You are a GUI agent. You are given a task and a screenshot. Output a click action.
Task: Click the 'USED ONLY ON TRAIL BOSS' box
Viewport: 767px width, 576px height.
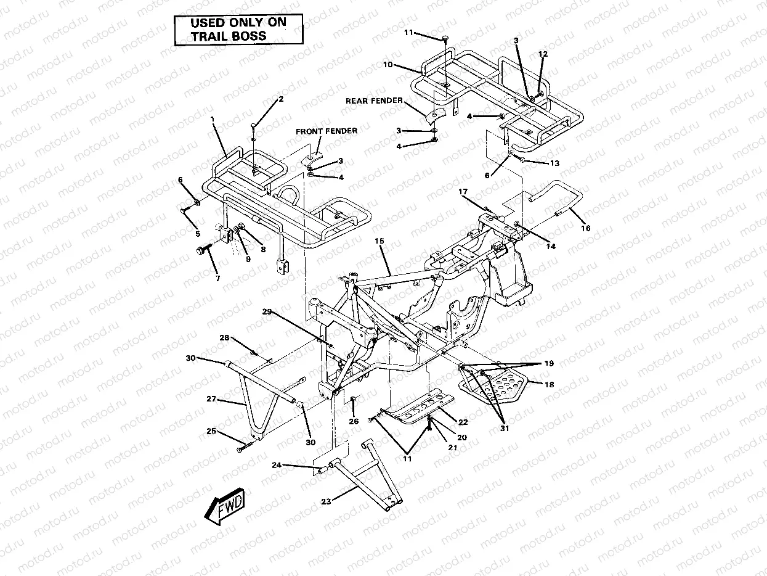point(238,30)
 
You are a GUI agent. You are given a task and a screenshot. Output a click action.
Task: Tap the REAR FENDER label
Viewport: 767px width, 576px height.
point(374,101)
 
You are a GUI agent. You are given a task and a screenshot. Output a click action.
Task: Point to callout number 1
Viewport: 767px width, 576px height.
point(213,118)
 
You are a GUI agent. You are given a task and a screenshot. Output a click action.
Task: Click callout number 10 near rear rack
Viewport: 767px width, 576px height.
point(388,64)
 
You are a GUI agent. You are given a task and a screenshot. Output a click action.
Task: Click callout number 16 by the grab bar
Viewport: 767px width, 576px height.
point(585,228)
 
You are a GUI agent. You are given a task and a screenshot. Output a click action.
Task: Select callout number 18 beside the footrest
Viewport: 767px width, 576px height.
point(549,384)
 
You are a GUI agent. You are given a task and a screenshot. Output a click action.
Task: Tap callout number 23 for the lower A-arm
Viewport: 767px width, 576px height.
point(326,501)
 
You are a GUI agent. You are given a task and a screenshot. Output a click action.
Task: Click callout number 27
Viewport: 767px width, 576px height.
point(211,400)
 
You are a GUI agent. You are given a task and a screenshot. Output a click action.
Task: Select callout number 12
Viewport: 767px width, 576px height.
point(542,54)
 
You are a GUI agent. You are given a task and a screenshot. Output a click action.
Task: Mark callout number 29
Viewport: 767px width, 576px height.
point(266,311)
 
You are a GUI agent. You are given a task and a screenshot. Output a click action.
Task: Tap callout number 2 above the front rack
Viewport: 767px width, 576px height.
point(281,99)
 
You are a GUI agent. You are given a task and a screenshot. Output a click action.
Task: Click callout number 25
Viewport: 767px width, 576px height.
point(211,431)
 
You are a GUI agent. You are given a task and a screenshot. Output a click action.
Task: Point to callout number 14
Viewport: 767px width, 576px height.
point(550,246)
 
